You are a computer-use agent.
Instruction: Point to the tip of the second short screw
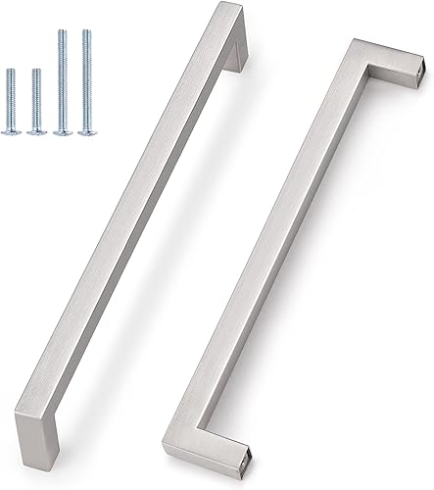click(36, 71)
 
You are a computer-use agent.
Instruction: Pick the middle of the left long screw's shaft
click(62, 78)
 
